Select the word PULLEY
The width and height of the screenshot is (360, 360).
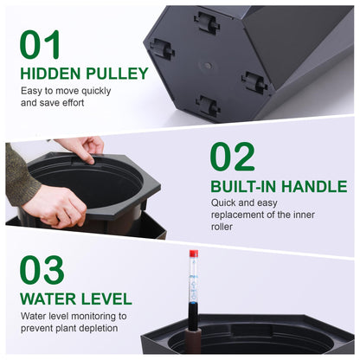point(116,74)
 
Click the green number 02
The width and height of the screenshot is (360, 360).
point(234,157)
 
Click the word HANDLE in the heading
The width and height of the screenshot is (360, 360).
point(319,186)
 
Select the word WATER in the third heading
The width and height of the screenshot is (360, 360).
point(48,299)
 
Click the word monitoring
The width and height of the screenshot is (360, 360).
point(110,316)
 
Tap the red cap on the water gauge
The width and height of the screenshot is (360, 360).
point(193,253)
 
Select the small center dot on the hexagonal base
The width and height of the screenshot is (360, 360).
point(206,65)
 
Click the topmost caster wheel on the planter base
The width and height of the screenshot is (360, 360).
point(207,22)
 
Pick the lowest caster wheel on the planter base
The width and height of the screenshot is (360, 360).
point(207,105)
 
